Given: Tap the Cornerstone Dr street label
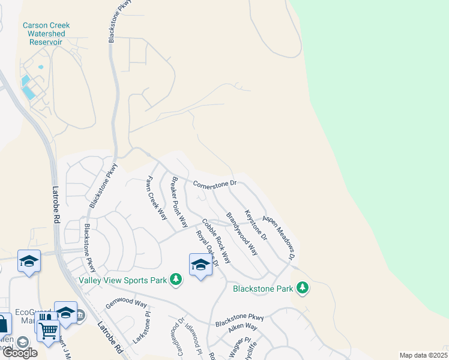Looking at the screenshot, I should point(215,182).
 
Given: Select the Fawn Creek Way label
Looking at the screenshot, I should point(158,198).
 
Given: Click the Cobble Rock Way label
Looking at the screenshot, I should point(216,241).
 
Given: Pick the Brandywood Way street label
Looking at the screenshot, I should point(241,233).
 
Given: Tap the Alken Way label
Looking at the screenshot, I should point(243,328).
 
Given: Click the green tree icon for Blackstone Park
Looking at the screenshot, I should point(303,289).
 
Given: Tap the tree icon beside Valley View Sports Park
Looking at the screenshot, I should point(176,280).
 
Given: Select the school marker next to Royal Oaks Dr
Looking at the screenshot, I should point(200,265).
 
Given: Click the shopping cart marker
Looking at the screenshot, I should point(47,328).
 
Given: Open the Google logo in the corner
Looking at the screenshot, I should point(19,352).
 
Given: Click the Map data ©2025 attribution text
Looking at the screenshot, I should point(423,355).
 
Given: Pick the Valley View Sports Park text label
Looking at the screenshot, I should point(123,280).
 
